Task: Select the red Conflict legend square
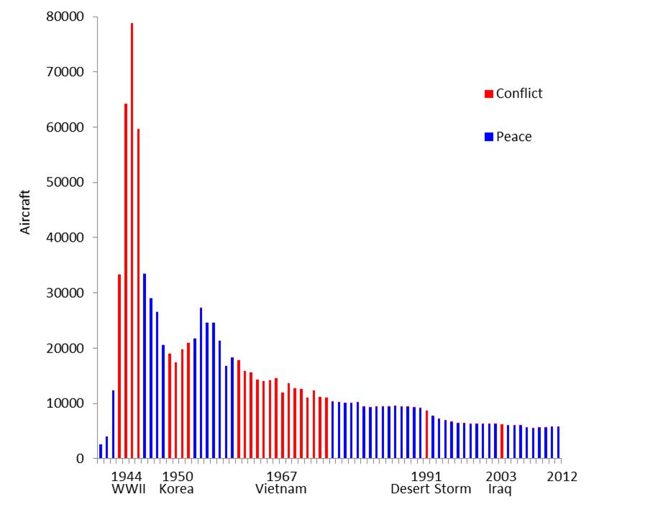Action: pos(489,93)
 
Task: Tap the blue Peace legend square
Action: pos(489,137)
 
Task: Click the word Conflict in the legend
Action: pos(519,93)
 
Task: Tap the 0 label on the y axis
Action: pos(81,459)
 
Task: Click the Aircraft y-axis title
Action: pos(26,211)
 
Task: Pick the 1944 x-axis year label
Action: pos(127,476)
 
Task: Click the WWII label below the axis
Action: pos(129,489)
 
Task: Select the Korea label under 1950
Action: pos(176,489)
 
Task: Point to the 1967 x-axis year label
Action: pos(281,476)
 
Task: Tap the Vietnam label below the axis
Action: pos(281,489)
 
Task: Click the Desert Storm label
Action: pos(431,489)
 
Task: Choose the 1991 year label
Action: pos(426,476)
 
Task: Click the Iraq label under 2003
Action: pos(500,489)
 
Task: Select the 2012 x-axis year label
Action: pos(562,476)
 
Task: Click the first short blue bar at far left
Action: pos(101,452)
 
